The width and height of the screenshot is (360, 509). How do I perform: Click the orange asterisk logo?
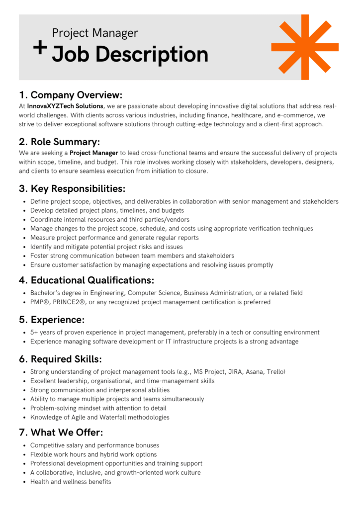[305, 47]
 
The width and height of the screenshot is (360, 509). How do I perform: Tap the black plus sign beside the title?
[40, 47]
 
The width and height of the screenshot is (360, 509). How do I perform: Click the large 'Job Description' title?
[130, 54]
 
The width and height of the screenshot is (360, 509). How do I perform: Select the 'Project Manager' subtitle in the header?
[95, 33]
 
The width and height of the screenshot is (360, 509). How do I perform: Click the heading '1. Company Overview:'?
[71, 94]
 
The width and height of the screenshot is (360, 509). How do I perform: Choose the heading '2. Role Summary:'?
[60, 141]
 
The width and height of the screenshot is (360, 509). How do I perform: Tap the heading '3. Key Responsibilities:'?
[72, 188]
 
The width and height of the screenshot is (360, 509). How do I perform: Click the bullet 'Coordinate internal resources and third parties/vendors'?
[109, 219]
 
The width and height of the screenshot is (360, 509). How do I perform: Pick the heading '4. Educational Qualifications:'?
[87, 280]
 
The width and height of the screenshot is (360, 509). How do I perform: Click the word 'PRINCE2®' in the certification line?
[70, 302]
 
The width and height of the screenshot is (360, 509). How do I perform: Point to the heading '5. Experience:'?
[52, 319]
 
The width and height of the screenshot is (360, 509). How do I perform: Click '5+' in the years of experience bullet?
[34, 332]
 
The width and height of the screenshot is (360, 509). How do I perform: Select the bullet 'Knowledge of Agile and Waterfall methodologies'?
[99, 417]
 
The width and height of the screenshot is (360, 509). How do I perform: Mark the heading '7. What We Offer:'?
[61, 432]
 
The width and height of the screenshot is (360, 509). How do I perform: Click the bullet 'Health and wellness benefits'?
[71, 481]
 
